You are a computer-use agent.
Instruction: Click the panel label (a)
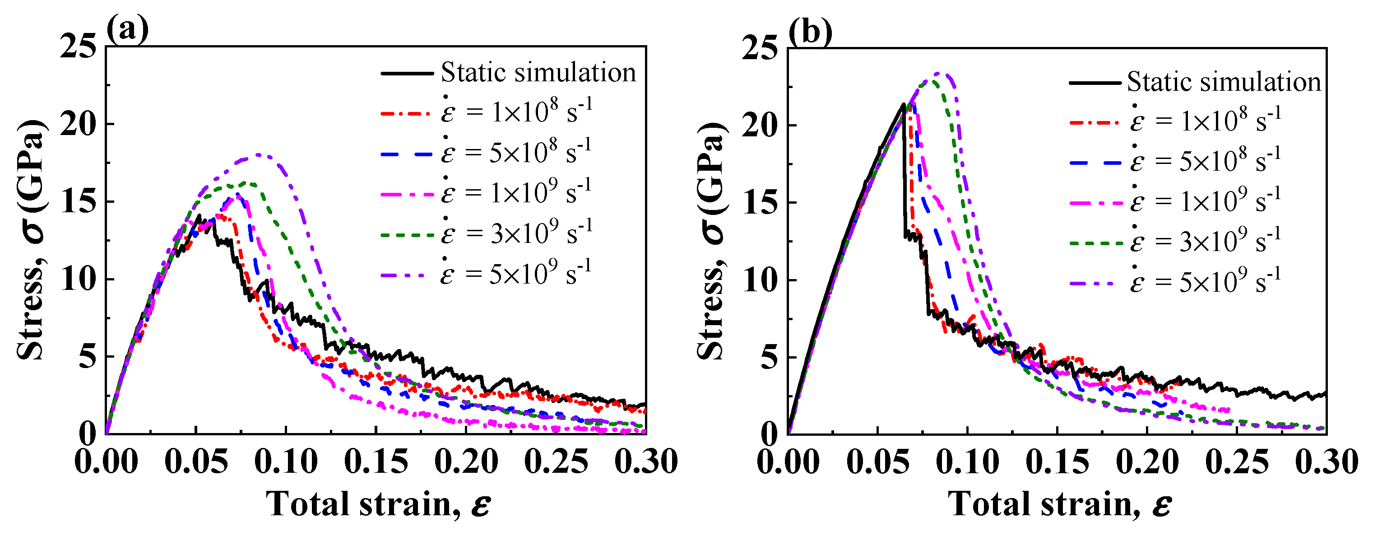point(127,30)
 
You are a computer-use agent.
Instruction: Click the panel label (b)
point(810,32)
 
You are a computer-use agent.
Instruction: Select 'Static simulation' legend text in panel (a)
point(538,73)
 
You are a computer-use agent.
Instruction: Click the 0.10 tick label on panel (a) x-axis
point(286,462)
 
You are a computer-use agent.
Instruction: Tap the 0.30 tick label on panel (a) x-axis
point(645,462)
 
